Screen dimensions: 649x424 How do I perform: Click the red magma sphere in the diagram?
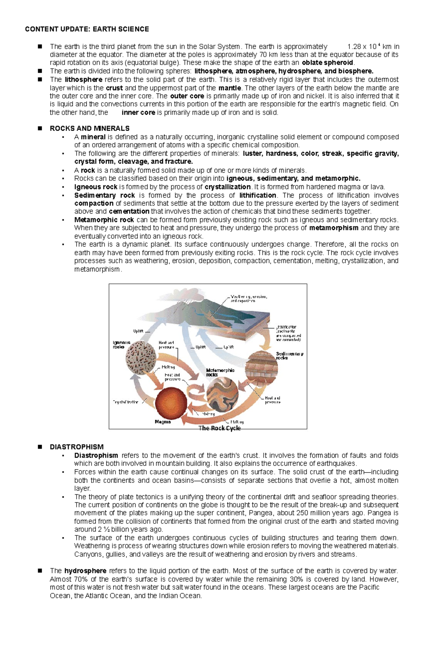[171, 403]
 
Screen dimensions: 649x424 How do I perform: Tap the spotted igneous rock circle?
[141, 358]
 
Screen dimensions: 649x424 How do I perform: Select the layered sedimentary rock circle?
[261, 368]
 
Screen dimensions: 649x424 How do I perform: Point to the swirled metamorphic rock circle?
[222, 393]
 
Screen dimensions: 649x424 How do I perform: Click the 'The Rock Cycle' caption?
[219, 428]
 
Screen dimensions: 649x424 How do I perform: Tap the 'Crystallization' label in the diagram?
[126, 402]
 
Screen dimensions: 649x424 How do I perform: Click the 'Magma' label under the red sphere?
[163, 422]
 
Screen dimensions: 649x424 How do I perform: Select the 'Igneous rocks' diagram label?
[121, 345]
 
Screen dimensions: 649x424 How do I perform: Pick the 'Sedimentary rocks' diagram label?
[289, 356]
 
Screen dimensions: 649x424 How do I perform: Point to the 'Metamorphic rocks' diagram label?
[220, 372]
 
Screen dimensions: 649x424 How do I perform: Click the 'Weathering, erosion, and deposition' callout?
[248, 299]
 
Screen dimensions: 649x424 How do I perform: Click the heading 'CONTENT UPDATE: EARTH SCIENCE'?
[87, 29]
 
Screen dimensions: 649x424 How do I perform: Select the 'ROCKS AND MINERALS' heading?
[90, 128]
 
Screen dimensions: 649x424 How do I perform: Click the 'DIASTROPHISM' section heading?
[77, 447]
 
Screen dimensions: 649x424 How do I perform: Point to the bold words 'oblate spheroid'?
[328, 63]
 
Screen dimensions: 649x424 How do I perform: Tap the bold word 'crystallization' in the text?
[228, 187]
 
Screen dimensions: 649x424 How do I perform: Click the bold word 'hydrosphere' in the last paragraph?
[85, 571]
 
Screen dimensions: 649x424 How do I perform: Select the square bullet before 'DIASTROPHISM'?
[40, 447]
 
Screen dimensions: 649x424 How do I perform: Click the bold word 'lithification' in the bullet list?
[258, 196]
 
